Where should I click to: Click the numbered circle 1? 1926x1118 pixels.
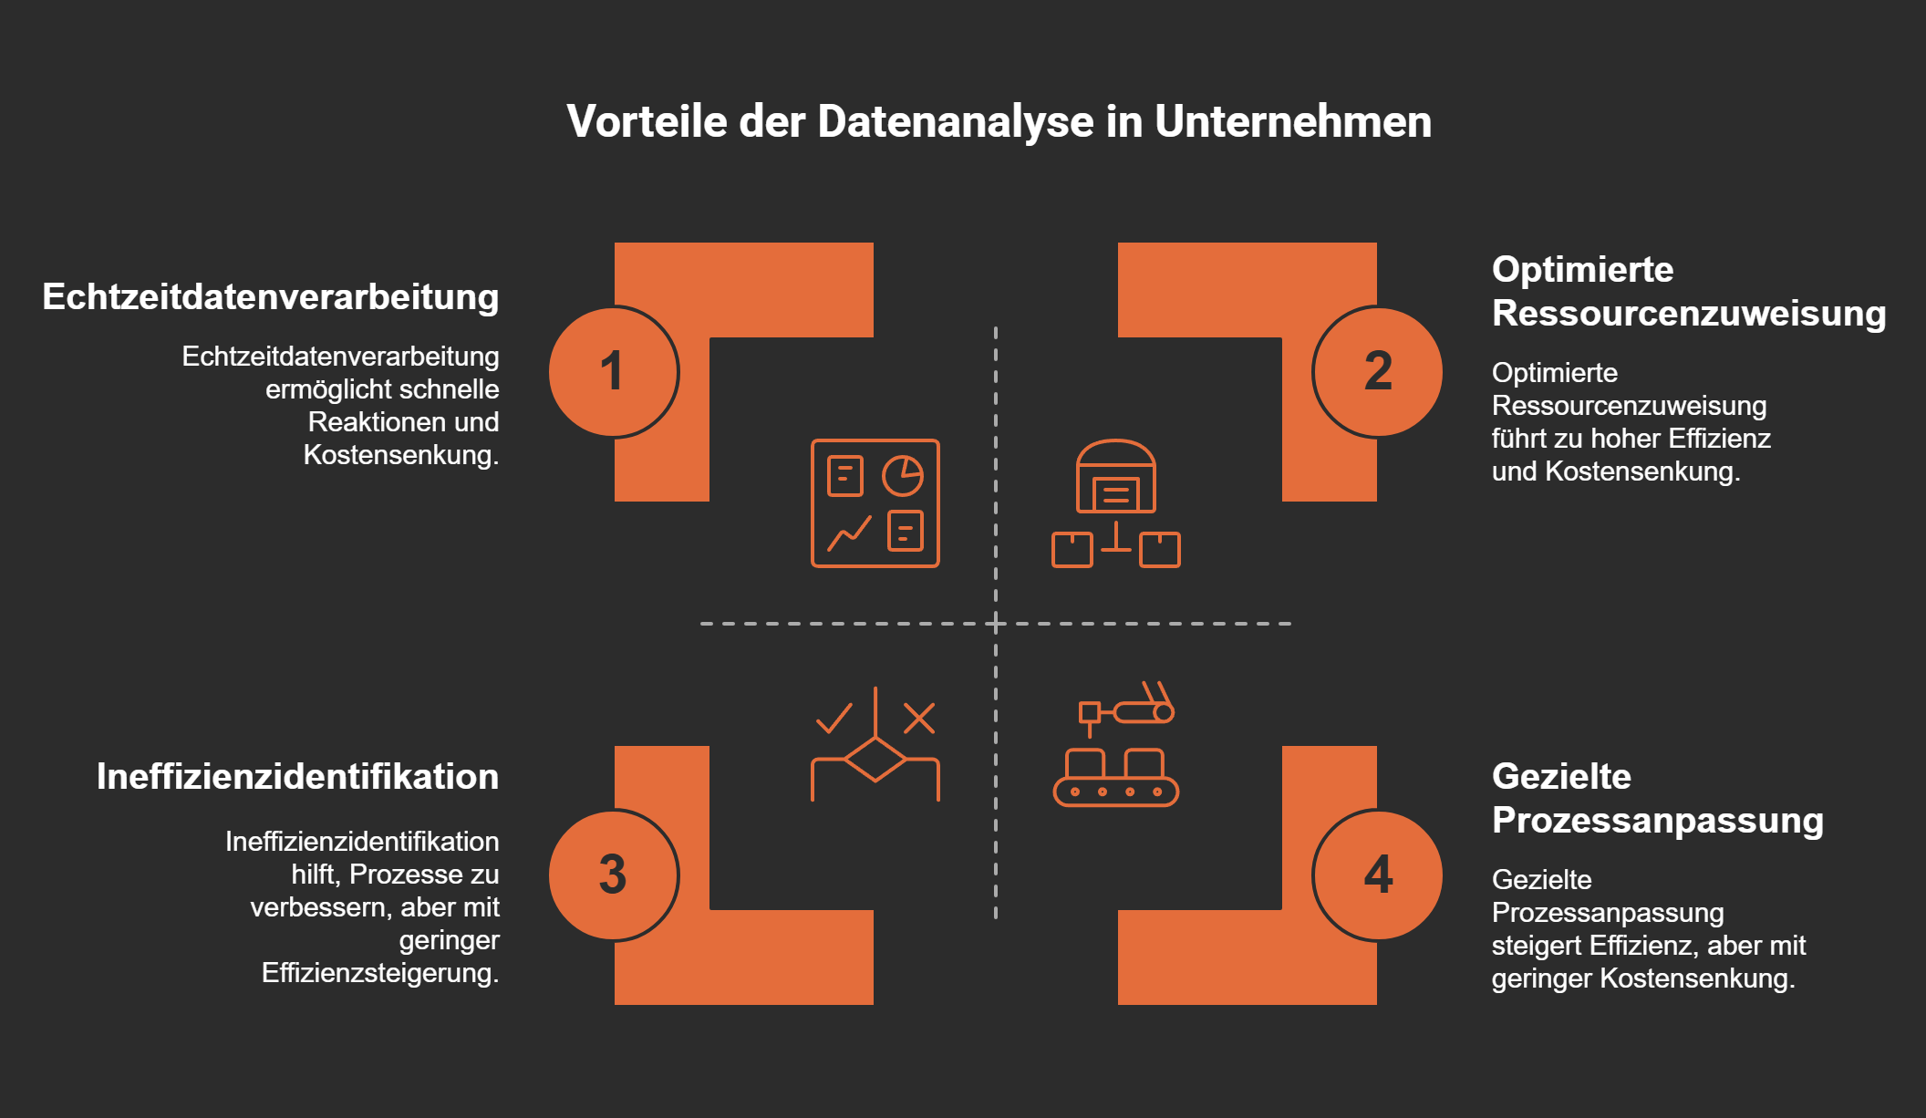pos(614,372)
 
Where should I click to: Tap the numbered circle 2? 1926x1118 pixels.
pos(1377,372)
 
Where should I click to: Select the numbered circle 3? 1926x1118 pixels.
pos(614,875)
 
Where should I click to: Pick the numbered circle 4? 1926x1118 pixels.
pos(1377,875)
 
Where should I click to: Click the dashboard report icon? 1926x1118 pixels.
pos(875,503)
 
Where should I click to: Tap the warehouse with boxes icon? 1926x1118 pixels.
pos(1115,503)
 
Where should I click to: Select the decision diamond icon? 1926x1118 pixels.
pos(875,757)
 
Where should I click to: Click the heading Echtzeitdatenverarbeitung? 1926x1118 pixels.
pos(271,297)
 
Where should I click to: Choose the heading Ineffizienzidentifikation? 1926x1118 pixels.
pos(297,777)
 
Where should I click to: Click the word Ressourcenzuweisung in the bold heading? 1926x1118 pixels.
pos(1688,314)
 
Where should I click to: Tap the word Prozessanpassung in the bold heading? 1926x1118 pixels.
pos(1657,821)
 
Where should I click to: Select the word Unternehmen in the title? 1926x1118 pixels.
pos(1292,122)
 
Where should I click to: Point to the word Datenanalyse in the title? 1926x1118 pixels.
pos(955,122)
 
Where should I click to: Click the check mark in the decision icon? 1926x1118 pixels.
pos(834,719)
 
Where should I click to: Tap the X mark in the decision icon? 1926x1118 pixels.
pos(918,719)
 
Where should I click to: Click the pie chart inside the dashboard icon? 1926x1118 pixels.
pos(903,475)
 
